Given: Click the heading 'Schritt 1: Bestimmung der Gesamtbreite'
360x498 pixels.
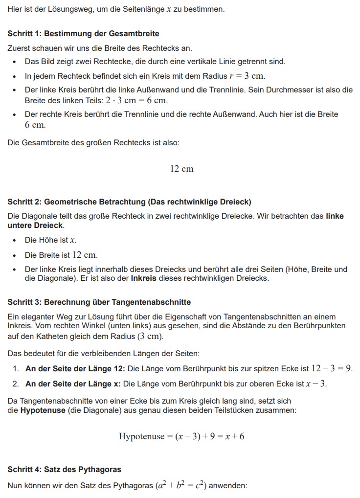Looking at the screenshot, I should [83, 34].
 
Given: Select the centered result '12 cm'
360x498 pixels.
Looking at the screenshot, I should [181, 169].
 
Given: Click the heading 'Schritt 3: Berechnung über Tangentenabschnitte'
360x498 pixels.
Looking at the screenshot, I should [99, 302].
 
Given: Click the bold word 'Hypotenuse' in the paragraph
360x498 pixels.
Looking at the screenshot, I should [43, 410].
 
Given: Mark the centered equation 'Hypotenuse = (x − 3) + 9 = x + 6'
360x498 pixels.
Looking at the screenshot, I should [181, 436].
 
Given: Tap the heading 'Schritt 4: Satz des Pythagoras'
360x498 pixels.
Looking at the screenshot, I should [64, 470].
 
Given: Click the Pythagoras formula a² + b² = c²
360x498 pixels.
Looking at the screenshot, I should [181, 486].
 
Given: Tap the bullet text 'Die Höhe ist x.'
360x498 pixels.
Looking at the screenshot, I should [50, 240].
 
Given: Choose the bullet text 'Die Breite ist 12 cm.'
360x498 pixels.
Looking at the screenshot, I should [61, 255].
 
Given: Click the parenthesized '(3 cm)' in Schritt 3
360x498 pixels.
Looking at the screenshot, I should [148, 337].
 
